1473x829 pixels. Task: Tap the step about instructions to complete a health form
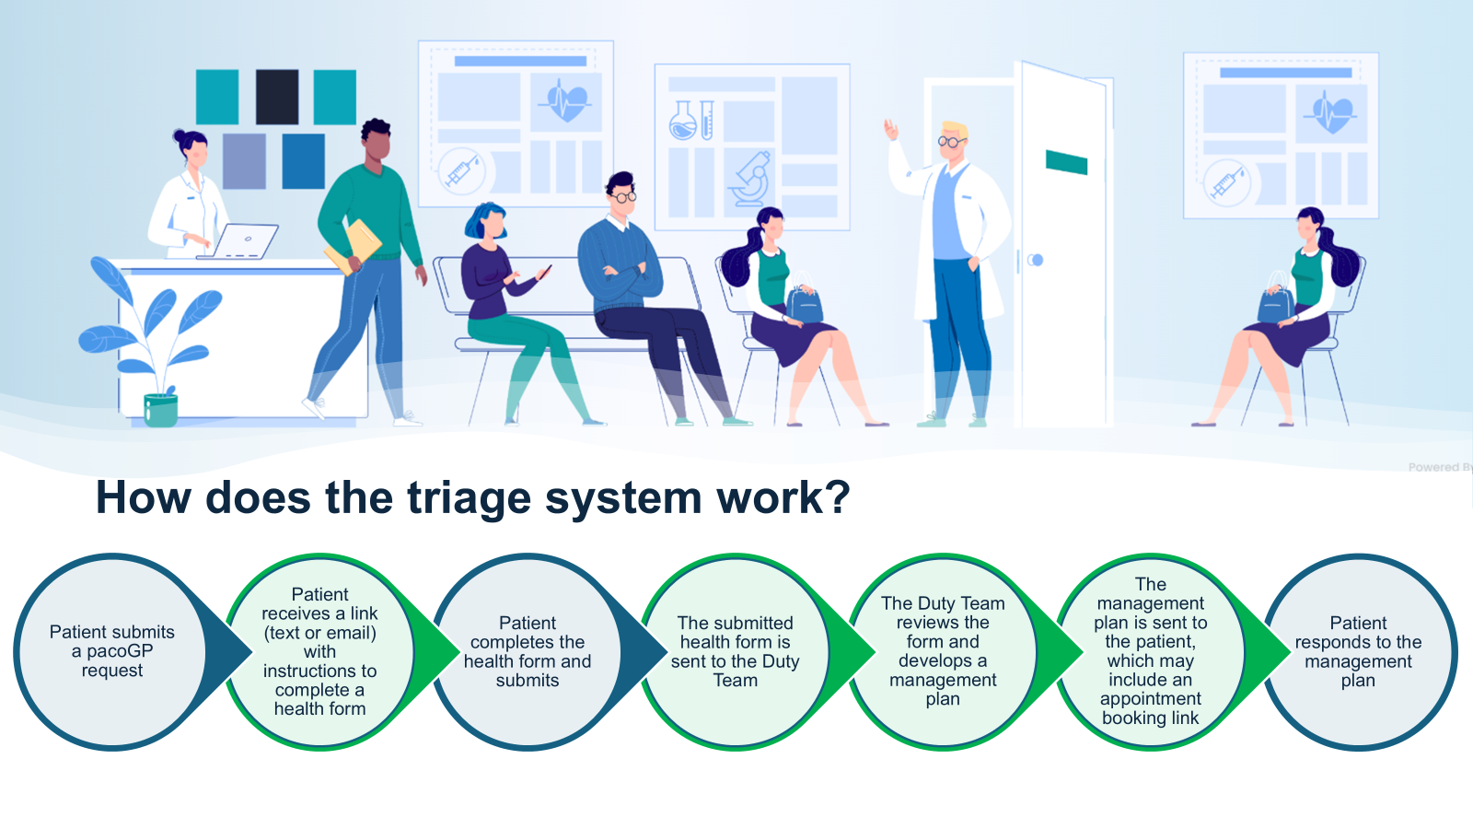319,652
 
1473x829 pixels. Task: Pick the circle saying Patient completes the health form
528,652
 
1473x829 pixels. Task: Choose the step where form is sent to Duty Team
736,652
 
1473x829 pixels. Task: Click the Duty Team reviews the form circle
943,652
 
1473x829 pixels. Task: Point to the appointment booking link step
1151,652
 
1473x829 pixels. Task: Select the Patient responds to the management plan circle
1358,652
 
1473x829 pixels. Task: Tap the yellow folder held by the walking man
354,245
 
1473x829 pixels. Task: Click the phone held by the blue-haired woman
545,272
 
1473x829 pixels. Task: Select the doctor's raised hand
890,128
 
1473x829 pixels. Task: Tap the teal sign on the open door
1066,163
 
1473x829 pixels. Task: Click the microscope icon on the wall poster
750,180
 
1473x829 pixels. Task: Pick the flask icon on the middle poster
682,121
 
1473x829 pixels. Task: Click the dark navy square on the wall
276,96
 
